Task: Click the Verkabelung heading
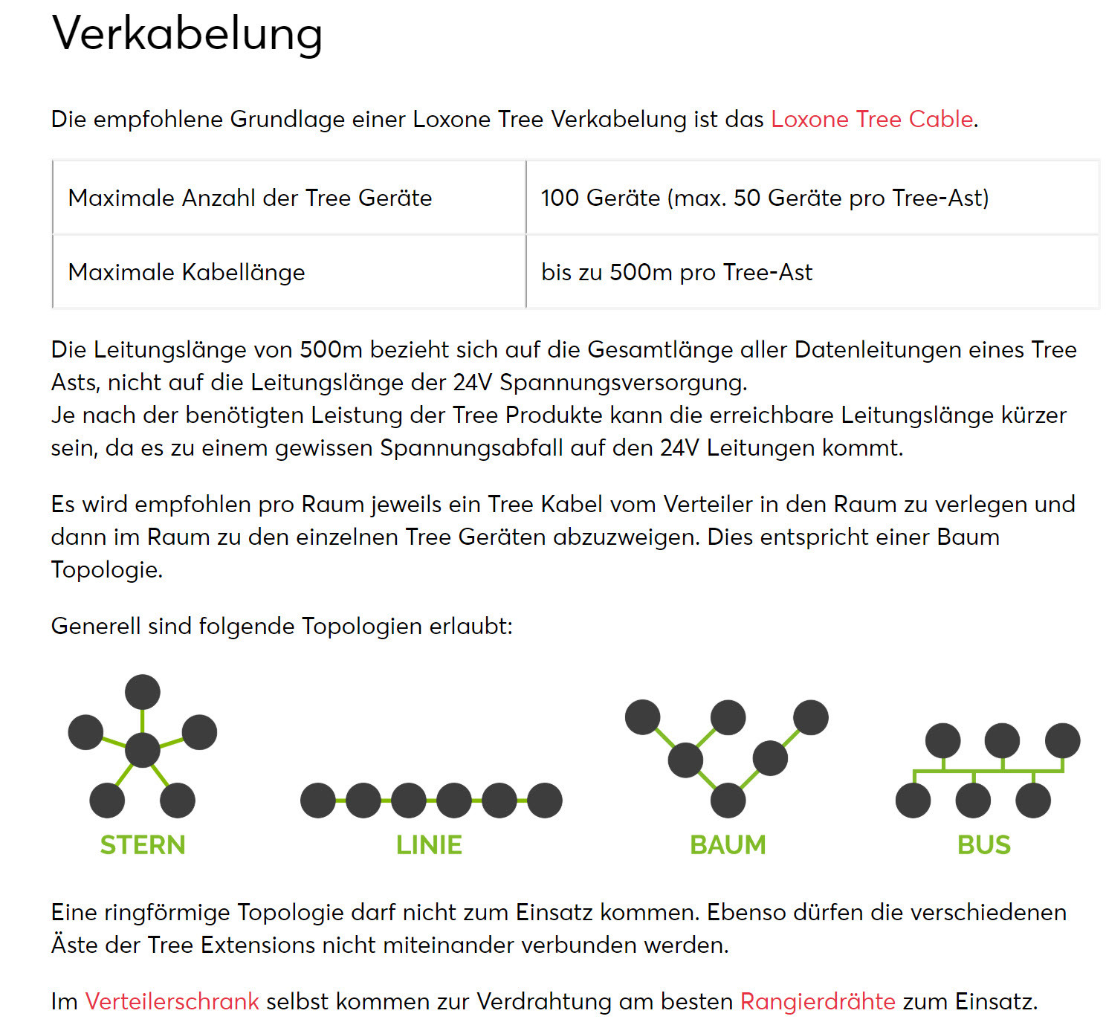click(187, 33)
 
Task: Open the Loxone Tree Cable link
click(872, 119)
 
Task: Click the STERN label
click(143, 844)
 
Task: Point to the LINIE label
click(429, 844)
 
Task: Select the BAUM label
click(728, 844)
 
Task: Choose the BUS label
click(984, 844)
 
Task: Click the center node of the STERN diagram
click(143, 749)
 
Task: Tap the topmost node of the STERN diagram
click(143, 692)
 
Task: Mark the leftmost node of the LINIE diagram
click(318, 801)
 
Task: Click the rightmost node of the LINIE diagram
click(545, 801)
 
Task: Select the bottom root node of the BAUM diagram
click(728, 801)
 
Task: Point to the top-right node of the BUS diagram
click(1062, 741)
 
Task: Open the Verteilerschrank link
click(172, 1001)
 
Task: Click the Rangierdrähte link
click(818, 1001)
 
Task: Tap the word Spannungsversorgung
click(623, 382)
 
